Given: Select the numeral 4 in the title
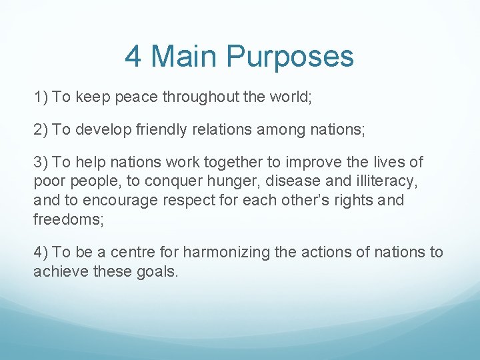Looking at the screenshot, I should pyautogui.click(x=133, y=57).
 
